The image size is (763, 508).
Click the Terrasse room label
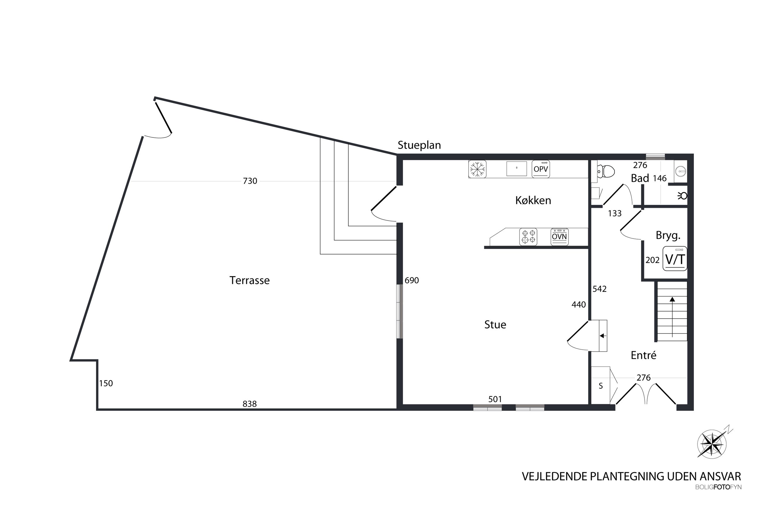249,280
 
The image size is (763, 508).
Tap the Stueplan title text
419,145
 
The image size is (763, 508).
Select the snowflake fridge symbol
477,169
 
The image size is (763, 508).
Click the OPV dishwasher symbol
541,169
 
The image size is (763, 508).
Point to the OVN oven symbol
559,237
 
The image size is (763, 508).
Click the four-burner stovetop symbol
528,237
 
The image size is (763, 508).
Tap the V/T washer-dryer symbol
675,259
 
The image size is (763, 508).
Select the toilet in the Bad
606,171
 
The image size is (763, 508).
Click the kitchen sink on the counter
516,169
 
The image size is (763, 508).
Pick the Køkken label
533,201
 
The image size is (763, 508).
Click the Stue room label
495,324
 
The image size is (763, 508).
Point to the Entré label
643,355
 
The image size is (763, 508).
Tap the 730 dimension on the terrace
250,181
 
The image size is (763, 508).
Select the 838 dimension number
250,404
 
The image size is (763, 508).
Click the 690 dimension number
412,281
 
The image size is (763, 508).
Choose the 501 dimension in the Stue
495,400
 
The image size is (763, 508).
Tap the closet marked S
600,385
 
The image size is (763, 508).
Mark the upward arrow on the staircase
672,317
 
